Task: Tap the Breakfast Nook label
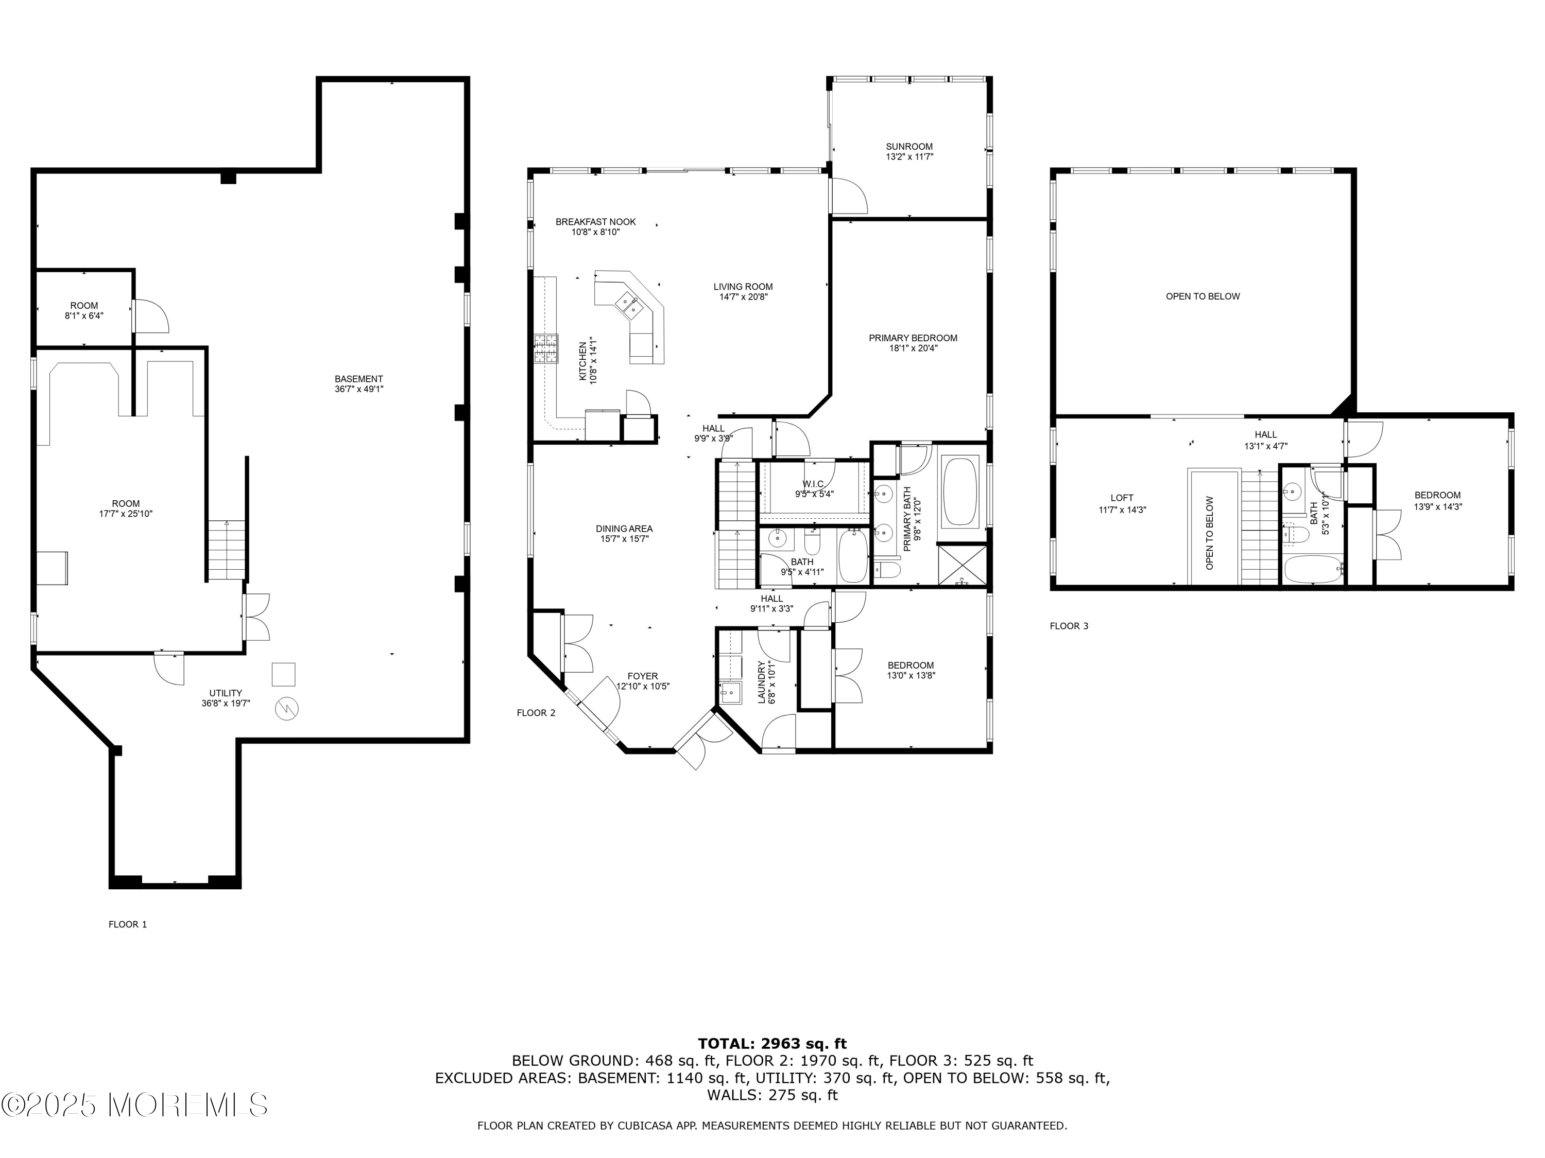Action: click(x=596, y=222)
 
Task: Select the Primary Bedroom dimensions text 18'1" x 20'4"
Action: click(x=913, y=348)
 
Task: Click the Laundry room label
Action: click(x=762, y=682)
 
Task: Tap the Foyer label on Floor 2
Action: click(x=643, y=676)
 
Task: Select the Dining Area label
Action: click(x=624, y=529)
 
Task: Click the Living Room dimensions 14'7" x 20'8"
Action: click(x=743, y=296)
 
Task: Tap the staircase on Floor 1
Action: click(x=226, y=551)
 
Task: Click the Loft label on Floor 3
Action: click(x=1122, y=498)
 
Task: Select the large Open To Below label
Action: click(x=1203, y=296)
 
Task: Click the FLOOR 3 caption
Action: click(x=1069, y=626)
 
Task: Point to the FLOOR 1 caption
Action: click(x=128, y=924)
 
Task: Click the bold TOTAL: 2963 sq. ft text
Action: click(x=772, y=1044)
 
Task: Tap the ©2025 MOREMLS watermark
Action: click(x=134, y=1105)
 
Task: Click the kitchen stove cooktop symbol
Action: click(x=547, y=349)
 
